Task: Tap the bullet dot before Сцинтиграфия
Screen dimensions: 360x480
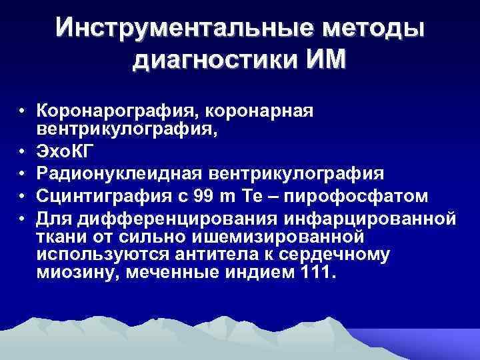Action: [x=22, y=197]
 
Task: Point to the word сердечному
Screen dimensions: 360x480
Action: [x=361, y=255]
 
